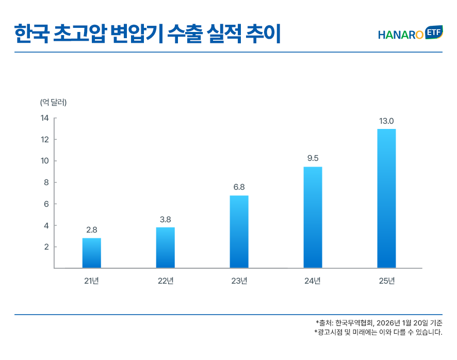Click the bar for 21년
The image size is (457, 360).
(x=92, y=253)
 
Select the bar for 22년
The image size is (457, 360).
(x=166, y=248)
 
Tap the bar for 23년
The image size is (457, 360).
(x=239, y=232)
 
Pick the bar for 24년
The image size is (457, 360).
(x=313, y=217)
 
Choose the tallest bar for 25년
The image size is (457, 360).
(x=387, y=198)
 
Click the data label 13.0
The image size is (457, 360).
(x=387, y=121)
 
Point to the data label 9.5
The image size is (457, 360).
(x=313, y=158)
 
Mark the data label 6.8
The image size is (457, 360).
(x=239, y=187)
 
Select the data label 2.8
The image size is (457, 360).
(x=92, y=230)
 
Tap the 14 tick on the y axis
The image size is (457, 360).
(x=44, y=118)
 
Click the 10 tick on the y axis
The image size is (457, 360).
(x=44, y=161)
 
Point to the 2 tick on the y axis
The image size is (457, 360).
(x=46, y=247)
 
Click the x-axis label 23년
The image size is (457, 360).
(x=239, y=281)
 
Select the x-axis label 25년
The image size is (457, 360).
(x=387, y=281)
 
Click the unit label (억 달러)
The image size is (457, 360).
(x=54, y=102)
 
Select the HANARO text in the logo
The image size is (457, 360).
(x=401, y=35)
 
